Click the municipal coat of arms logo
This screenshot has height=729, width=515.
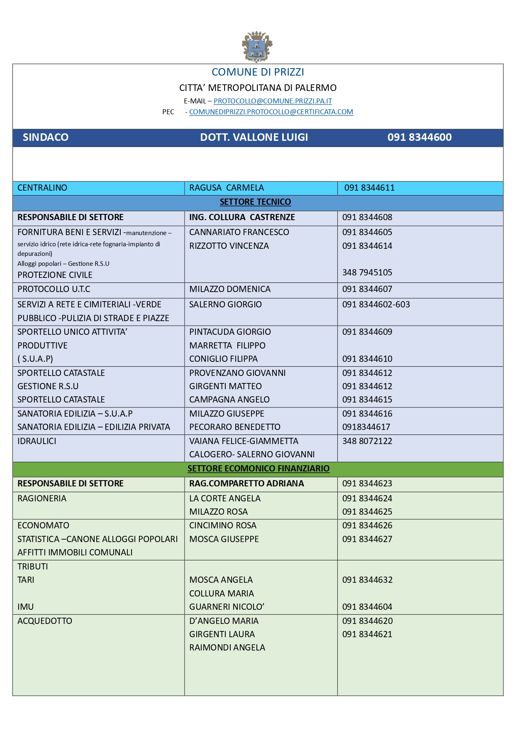click(257, 47)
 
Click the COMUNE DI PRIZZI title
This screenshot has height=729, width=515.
click(258, 72)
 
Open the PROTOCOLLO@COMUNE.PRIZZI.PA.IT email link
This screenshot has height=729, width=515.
click(273, 101)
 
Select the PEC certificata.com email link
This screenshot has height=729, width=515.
click(271, 112)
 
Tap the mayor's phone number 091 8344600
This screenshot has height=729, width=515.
click(419, 137)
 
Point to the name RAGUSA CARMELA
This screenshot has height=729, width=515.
click(227, 188)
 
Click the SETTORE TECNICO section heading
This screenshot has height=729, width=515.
click(255, 202)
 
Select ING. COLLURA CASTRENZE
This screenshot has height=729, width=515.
click(242, 217)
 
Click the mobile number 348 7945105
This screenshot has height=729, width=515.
click(367, 272)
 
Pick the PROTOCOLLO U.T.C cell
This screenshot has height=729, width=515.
click(54, 289)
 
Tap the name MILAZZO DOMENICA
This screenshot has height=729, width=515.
click(229, 289)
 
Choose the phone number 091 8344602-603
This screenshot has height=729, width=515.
click(376, 304)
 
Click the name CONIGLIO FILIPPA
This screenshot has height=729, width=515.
click(223, 359)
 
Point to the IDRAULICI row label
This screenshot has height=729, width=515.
click(37, 441)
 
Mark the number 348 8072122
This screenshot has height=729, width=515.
click(367, 441)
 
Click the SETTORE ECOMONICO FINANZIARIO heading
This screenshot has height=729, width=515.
click(258, 469)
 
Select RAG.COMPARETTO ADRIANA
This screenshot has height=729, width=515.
click(247, 484)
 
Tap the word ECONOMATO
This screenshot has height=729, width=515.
click(43, 525)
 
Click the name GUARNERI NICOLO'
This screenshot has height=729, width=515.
click(227, 607)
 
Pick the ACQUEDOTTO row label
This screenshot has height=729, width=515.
click(45, 621)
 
